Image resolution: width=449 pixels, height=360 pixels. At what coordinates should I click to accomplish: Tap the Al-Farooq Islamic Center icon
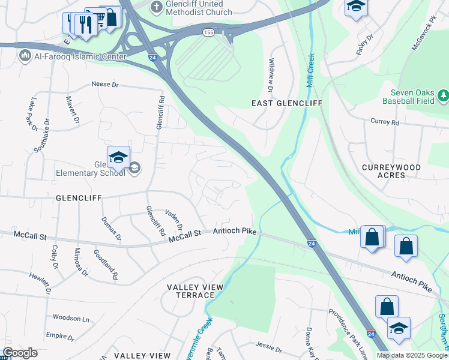click(x=25, y=56)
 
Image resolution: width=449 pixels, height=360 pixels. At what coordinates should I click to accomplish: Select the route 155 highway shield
click(x=208, y=32)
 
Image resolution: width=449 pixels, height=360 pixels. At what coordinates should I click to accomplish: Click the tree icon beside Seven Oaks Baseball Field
click(x=443, y=95)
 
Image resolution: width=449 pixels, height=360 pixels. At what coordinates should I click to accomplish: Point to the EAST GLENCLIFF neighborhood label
click(x=287, y=104)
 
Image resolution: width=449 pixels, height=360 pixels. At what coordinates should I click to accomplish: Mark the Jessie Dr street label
click(x=268, y=348)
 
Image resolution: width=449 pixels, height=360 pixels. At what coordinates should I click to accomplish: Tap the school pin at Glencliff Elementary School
click(x=118, y=158)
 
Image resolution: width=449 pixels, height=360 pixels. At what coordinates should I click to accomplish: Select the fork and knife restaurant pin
click(x=86, y=25)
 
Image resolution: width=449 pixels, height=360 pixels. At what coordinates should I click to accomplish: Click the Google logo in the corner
click(x=20, y=353)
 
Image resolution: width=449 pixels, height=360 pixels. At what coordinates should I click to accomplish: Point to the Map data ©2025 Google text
click(x=412, y=355)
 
